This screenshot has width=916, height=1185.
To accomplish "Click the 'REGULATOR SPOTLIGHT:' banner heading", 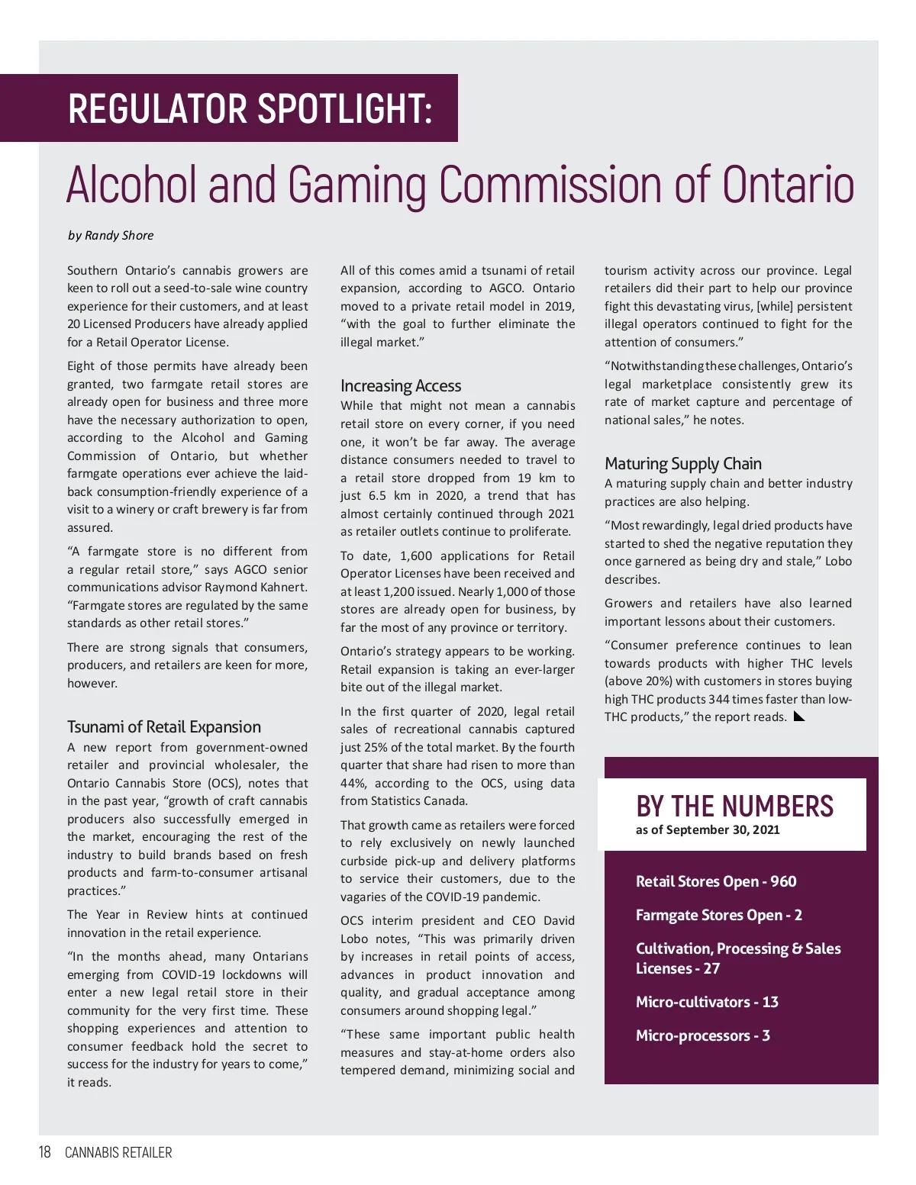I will point(250,108).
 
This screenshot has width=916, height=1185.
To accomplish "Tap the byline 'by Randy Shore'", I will point(111,235).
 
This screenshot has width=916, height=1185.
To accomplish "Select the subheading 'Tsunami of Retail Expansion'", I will point(164,726).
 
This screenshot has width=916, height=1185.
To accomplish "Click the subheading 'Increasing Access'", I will point(401,385).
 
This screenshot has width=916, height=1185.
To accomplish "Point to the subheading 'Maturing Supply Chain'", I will point(683,463).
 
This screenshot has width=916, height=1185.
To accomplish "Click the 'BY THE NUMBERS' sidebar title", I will point(734,806).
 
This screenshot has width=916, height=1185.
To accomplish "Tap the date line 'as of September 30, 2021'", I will point(708,830).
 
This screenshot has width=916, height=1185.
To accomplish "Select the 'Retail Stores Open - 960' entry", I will point(716,881).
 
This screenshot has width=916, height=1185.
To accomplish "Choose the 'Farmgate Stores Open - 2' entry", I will point(719,915).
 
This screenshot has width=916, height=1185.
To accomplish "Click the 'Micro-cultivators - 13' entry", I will point(707,1002).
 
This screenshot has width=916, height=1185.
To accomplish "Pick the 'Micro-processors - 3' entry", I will point(702,1035).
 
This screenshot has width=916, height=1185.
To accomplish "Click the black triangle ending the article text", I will point(799,716).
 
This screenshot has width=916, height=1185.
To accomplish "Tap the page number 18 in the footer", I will point(45,1152).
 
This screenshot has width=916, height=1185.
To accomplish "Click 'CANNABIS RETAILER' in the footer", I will point(118,1152).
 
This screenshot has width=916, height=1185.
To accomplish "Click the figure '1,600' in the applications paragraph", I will point(416,555).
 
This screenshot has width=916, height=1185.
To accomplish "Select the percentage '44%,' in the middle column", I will point(354,783).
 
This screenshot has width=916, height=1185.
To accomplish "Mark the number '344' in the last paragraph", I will point(719,699).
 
